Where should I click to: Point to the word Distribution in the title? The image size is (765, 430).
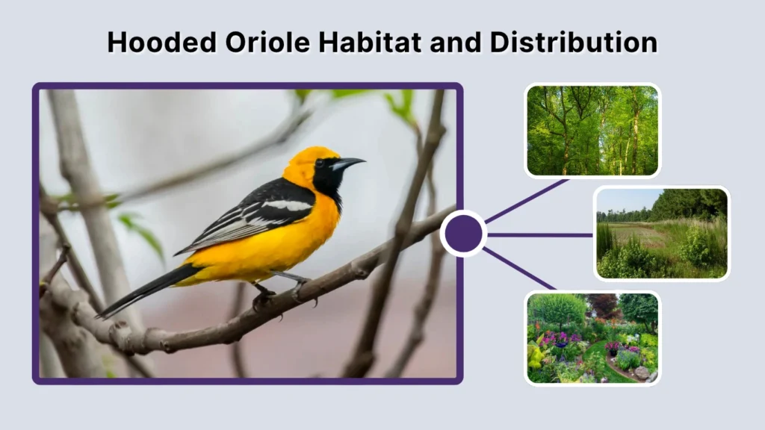click(x=574, y=42)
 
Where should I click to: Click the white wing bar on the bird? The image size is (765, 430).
click(x=287, y=205)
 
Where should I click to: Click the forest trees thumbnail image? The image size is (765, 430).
click(x=592, y=131)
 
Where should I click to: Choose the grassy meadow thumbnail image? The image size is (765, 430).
click(x=661, y=233)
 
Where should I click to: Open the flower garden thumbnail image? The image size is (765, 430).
click(x=592, y=337)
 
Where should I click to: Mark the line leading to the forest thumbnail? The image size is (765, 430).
click(x=527, y=201)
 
